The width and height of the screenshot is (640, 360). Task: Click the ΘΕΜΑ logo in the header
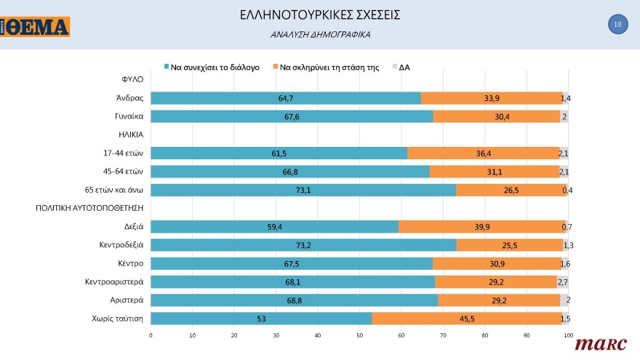[x=36, y=27]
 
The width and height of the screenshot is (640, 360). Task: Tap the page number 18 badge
[x=617, y=25]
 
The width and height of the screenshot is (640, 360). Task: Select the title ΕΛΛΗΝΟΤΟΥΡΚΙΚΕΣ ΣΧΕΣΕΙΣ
[x=319, y=15]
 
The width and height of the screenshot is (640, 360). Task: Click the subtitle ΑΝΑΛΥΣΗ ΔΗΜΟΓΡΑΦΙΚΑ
[x=320, y=34]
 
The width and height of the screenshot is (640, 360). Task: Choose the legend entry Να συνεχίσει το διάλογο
[x=211, y=67]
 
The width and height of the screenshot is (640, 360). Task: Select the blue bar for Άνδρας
[x=285, y=97]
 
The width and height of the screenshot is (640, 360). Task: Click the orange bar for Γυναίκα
[x=496, y=116]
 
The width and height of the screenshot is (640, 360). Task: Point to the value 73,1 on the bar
[x=303, y=190]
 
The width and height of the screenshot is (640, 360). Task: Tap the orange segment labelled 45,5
[x=465, y=319]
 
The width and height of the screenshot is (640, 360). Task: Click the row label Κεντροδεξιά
[x=121, y=244]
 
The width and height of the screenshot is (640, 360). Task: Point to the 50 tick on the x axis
[x=359, y=335]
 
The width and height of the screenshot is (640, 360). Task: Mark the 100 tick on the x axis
[x=568, y=335]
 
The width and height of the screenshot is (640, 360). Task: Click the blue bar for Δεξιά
[x=274, y=227]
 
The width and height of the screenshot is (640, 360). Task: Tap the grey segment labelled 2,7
[x=562, y=281]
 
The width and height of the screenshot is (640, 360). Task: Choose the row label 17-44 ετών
[x=121, y=153]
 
